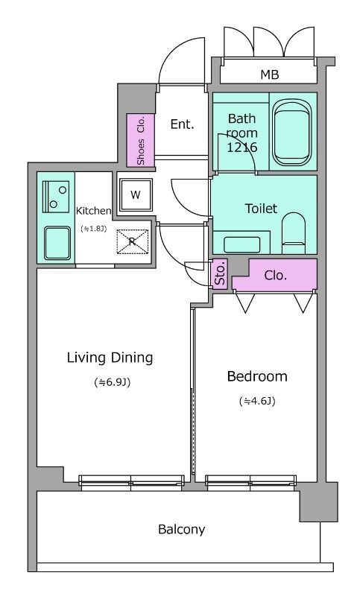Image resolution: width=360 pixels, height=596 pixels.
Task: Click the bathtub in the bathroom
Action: click(292, 133)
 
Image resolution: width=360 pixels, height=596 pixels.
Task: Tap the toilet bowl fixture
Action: click(294, 233)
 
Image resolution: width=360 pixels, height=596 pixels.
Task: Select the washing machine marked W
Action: click(136, 195)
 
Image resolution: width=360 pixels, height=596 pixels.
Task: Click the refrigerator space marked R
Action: click(132, 241)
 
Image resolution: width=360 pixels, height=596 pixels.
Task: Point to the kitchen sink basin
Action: click(57, 244)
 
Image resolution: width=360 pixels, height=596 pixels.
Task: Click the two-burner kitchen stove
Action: click(55, 196)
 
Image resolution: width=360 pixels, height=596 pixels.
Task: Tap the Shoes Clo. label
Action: click(141, 140)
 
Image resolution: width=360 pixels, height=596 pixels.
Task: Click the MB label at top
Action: click(270, 74)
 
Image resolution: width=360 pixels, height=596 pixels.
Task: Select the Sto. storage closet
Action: click(219, 274)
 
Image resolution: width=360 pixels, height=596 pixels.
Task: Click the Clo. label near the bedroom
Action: click(275, 275)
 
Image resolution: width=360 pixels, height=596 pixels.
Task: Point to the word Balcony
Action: click(181, 529)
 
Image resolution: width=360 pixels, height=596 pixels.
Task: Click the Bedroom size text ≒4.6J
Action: click(257, 401)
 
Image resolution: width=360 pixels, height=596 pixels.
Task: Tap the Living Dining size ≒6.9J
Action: click(112, 382)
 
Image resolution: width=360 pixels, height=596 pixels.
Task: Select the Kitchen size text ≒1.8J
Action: click(93, 229)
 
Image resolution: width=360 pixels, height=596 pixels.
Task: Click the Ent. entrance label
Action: click(182, 124)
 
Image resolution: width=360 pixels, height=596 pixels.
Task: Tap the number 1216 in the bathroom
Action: click(242, 147)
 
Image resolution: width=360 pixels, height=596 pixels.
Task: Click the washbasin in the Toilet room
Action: click(241, 245)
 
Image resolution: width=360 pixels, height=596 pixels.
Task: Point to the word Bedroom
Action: click(257, 376)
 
